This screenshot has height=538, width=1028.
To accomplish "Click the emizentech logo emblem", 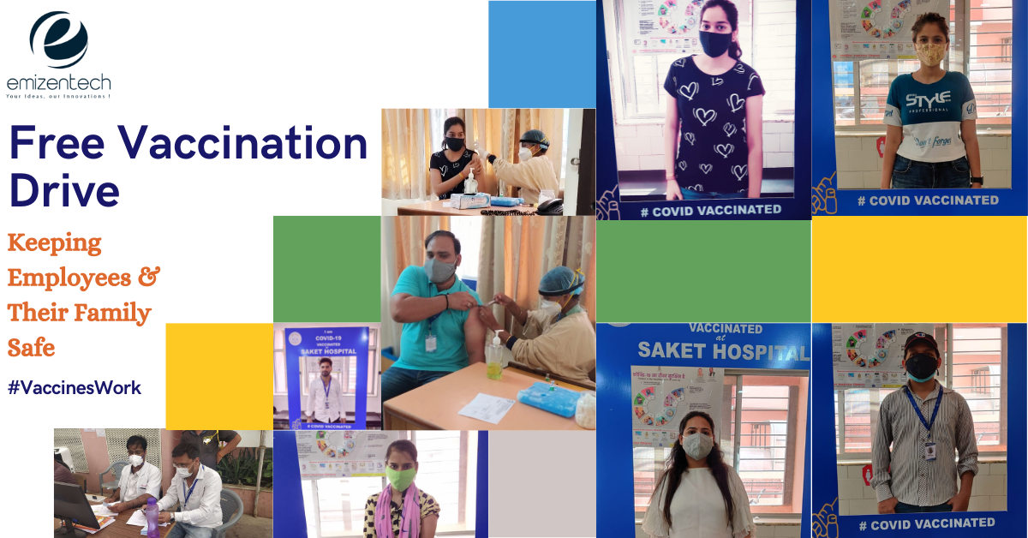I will pos(57,39).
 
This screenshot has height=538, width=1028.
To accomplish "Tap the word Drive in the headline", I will pos(64,190).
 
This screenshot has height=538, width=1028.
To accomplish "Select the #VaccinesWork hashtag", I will pos(74,388).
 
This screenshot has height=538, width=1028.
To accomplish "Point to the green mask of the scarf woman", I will pos(401,478).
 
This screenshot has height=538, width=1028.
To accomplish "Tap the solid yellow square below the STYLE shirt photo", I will pos(918,269).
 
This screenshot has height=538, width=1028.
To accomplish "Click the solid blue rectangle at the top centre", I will pos(541,54).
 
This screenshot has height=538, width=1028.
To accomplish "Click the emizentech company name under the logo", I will pos(58,83).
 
